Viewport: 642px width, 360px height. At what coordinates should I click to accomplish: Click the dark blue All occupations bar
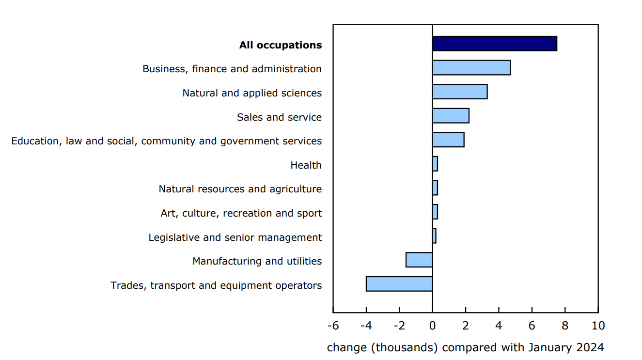pyautogui.click(x=494, y=44)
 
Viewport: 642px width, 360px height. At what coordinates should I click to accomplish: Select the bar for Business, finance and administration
pyautogui.click(x=471, y=68)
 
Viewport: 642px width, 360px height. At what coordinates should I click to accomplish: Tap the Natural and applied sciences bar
pyautogui.click(x=459, y=92)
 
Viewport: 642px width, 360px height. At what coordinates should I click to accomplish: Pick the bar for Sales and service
pyautogui.click(x=450, y=116)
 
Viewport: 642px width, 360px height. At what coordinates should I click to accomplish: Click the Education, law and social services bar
pyautogui.click(x=448, y=140)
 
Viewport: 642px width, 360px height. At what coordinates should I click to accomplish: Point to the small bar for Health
pyautogui.click(x=435, y=164)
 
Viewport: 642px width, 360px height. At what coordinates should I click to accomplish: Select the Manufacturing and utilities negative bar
pyautogui.click(x=419, y=260)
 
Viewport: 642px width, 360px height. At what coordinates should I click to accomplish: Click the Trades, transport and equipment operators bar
pyautogui.click(x=399, y=284)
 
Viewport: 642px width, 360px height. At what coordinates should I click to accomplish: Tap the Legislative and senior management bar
pyautogui.click(x=434, y=236)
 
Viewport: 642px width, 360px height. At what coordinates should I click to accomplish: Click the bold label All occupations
pyautogui.click(x=280, y=45)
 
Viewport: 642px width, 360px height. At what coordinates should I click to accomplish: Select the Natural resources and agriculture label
pyautogui.click(x=240, y=189)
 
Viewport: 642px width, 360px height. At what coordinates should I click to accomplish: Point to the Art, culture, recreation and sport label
pyautogui.click(x=241, y=213)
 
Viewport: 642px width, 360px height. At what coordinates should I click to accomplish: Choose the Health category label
pyautogui.click(x=306, y=165)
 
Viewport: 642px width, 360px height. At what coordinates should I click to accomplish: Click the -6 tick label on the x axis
pyautogui.click(x=333, y=326)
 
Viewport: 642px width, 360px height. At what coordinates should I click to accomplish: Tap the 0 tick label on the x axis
pyautogui.click(x=432, y=326)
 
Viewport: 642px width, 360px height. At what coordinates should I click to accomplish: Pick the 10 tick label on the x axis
pyautogui.click(x=598, y=326)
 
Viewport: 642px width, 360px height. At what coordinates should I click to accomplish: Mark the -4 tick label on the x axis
pyautogui.click(x=366, y=326)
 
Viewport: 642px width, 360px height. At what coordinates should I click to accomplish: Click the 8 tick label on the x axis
pyautogui.click(x=565, y=326)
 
